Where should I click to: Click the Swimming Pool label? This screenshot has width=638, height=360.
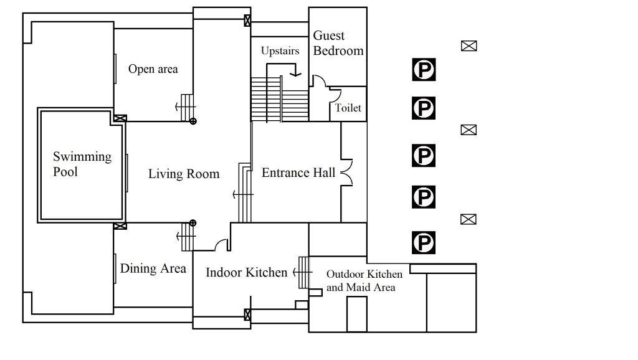pyautogui.click(x=74, y=164)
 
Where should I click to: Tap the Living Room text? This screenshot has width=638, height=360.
pyautogui.click(x=184, y=174)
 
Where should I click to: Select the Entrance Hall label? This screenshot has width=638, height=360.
pyautogui.click(x=298, y=173)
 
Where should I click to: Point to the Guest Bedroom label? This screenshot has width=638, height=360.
pyautogui.click(x=338, y=43)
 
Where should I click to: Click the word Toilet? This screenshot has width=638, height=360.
pyautogui.click(x=348, y=108)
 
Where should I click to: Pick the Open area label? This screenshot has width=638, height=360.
pyautogui.click(x=153, y=69)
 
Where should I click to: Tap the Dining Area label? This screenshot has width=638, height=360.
pyautogui.click(x=153, y=269)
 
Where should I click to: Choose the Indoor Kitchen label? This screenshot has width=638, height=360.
pyautogui.click(x=246, y=272)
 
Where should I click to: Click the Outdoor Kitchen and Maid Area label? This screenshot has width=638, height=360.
pyautogui.click(x=364, y=280)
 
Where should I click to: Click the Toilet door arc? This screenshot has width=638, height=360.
pyautogui.click(x=335, y=95)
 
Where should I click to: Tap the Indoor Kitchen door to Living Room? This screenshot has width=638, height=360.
pyautogui.click(x=221, y=244)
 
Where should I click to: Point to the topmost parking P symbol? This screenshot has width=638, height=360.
pyautogui.click(x=424, y=70)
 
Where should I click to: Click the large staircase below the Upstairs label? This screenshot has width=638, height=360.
pyautogui.click(x=280, y=98)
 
